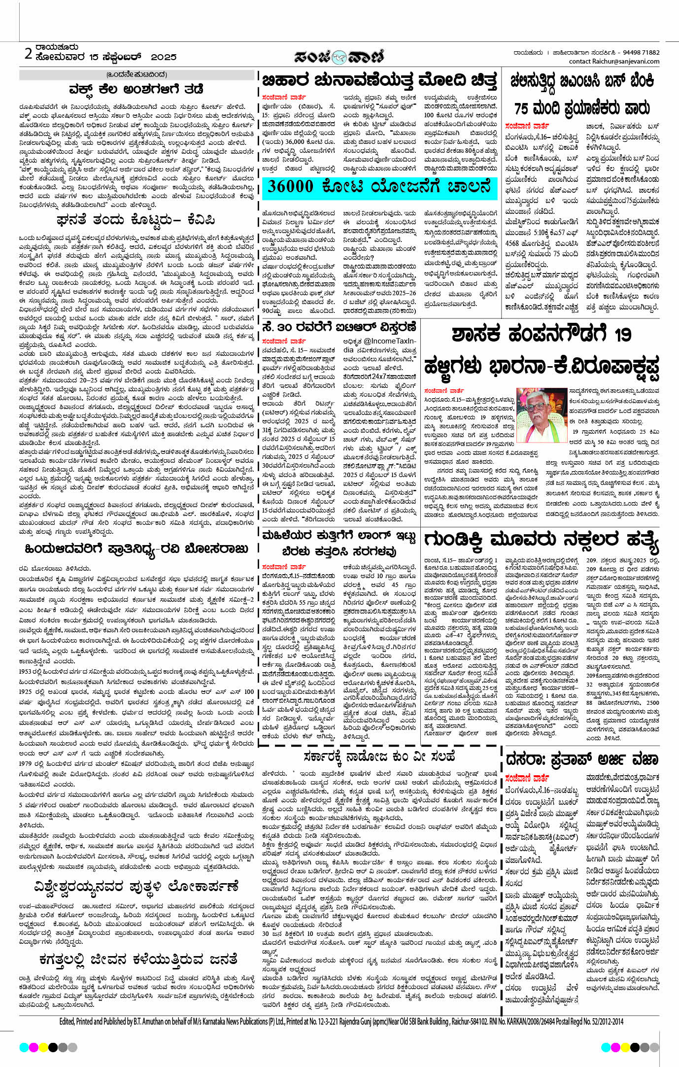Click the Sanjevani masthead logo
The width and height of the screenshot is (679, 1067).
[339, 57]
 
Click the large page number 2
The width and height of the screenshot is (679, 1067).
[29, 53]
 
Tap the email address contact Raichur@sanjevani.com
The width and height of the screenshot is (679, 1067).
[614, 62]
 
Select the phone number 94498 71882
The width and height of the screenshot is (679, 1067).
[641, 53]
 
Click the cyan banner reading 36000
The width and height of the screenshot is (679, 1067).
[379, 186]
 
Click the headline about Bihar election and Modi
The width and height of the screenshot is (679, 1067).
[379, 80]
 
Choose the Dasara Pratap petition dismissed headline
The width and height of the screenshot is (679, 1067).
[582, 759]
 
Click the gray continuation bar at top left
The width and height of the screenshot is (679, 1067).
[137, 75]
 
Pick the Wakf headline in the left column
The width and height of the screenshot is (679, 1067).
[136, 89]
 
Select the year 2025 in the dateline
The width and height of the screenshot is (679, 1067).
[164, 57]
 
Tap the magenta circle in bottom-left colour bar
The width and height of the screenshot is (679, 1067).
[34, 1046]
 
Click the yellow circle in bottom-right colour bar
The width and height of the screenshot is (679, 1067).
[626, 1046]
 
